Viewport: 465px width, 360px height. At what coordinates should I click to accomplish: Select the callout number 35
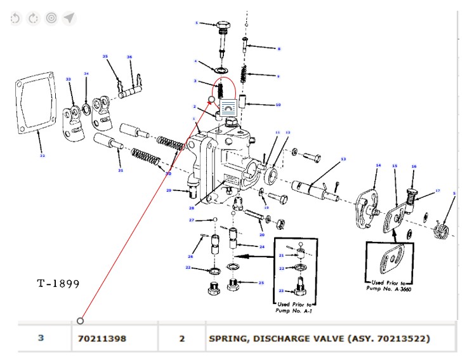(x=105, y=57)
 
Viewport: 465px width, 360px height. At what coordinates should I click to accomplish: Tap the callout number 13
(x=343, y=159)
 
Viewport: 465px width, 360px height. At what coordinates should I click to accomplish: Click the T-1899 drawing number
(x=58, y=283)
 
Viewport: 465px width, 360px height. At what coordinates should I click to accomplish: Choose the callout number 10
(x=278, y=105)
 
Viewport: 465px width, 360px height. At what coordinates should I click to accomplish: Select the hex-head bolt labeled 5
(x=223, y=27)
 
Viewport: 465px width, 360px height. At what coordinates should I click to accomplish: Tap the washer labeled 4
(x=223, y=69)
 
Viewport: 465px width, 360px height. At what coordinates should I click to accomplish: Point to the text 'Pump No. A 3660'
(x=388, y=288)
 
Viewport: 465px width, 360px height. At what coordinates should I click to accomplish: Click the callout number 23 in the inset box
(x=281, y=291)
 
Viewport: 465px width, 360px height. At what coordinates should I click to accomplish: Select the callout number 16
(x=414, y=167)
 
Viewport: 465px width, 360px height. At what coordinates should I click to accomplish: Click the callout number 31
(x=120, y=170)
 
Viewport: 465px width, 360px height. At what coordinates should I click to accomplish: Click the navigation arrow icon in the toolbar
(x=69, y=18)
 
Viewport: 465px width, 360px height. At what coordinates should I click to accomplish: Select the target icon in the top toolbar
(x=51, y=18)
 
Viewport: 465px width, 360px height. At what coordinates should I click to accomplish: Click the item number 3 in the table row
(x=41, y=338)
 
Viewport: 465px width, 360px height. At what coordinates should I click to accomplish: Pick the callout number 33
(x=69, y=79)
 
